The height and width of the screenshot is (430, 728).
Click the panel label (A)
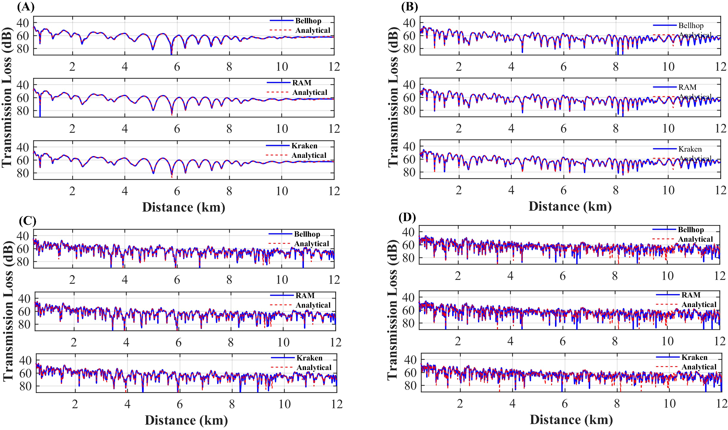26,7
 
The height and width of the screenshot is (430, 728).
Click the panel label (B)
409,7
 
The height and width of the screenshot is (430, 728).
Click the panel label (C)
27,221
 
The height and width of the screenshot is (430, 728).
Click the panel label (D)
407,217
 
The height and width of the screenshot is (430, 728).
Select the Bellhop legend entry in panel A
308,21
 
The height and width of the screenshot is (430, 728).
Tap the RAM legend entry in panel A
302,83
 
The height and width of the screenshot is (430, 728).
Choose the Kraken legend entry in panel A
304,146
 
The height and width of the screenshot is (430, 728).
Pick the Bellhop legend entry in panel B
691,25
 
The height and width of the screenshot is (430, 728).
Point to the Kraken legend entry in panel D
694,357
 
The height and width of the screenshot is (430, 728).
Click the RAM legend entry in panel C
305,295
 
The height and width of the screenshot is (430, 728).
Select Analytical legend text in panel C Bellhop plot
311,243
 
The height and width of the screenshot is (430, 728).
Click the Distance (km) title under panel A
183,207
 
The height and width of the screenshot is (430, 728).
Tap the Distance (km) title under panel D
571,420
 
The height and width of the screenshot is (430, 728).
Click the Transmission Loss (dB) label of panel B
393,97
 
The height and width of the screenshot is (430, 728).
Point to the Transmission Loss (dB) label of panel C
8,310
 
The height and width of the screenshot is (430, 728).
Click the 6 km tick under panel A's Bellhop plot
177,67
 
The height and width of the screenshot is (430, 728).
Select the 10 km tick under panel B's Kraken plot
668,190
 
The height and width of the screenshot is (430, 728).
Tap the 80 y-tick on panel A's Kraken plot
23,173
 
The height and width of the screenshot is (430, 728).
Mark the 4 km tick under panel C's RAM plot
126,342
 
